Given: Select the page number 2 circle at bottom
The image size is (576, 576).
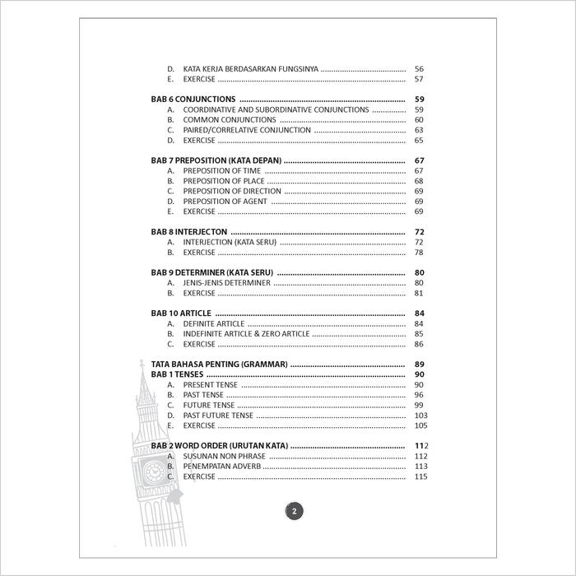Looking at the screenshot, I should pos(295,511).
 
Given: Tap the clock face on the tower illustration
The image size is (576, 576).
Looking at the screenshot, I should pos(155,471).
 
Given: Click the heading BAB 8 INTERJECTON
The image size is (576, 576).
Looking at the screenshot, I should pos(189,233).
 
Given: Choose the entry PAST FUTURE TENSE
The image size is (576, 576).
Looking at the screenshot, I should pos(218,416).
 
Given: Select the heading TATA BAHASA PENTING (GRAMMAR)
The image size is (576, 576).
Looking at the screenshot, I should pos(219,365).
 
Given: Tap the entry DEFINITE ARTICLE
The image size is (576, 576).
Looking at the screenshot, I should pos(214,324).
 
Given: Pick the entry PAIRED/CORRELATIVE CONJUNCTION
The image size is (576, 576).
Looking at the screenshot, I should pos(247,130).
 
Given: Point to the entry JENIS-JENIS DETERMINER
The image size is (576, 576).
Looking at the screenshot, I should pos(226,283).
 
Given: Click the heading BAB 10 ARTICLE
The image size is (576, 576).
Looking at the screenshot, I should pos(182,314).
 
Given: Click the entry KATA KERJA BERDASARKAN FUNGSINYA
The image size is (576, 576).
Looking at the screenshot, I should pos(250,69).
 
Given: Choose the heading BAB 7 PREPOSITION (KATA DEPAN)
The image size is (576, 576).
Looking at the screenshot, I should pos(216,160).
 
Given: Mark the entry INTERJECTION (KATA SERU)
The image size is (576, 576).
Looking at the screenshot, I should pos(230,243).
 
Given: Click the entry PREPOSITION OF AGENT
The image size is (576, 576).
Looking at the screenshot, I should pos(225,202).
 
